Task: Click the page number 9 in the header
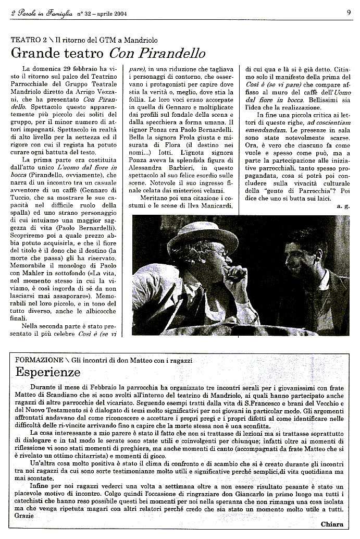pos(348,13)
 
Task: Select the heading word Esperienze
pos(48,372)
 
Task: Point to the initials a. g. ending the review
pos(343,206)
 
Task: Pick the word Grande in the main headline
pos(32,53)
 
